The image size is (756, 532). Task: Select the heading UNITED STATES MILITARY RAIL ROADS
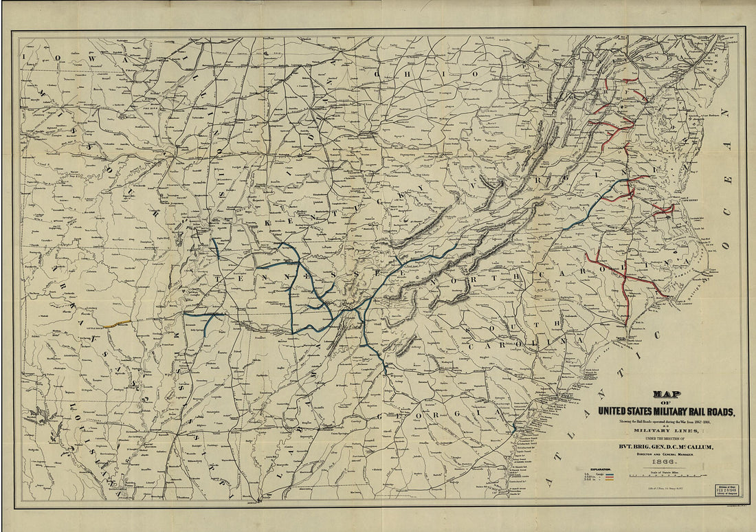666,411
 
